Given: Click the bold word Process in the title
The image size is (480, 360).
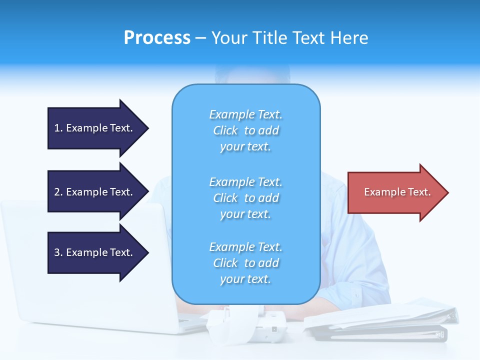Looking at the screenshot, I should tap(157, 38).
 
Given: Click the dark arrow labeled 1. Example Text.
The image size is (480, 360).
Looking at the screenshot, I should tap(95, 128).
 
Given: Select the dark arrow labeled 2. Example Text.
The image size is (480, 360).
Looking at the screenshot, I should tap(95, 192).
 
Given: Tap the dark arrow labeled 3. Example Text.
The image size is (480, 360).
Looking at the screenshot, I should tap(95, 252).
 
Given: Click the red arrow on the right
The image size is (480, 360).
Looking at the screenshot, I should tap(395, 192).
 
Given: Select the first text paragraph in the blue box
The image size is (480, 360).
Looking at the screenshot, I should tap(245, 130).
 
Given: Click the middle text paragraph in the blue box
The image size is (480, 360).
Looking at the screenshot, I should tap(245, 198).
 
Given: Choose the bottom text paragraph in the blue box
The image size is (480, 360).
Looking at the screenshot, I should tap(245, 263).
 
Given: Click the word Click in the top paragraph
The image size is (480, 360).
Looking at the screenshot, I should tap(225, 130).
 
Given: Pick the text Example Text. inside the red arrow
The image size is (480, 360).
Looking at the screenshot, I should tap(397, 192).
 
